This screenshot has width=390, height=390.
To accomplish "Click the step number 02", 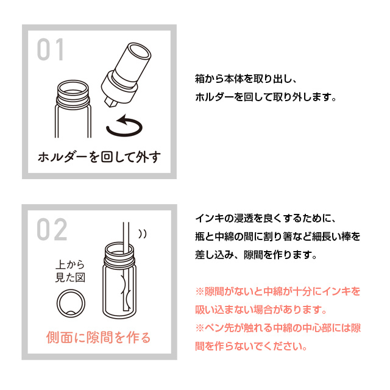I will tap(52, 229).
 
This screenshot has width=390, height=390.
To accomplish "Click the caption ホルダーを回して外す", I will tap(99, 157).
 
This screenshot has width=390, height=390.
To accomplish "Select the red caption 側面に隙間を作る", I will tap(99, 336).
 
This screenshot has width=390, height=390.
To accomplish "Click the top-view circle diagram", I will tap(71, 303).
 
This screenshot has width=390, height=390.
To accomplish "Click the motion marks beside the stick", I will tap(143, 233).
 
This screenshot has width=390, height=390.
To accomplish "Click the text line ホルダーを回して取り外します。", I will tap(265, 97).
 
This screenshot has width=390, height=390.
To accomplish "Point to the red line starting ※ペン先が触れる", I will tap(278, 327).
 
